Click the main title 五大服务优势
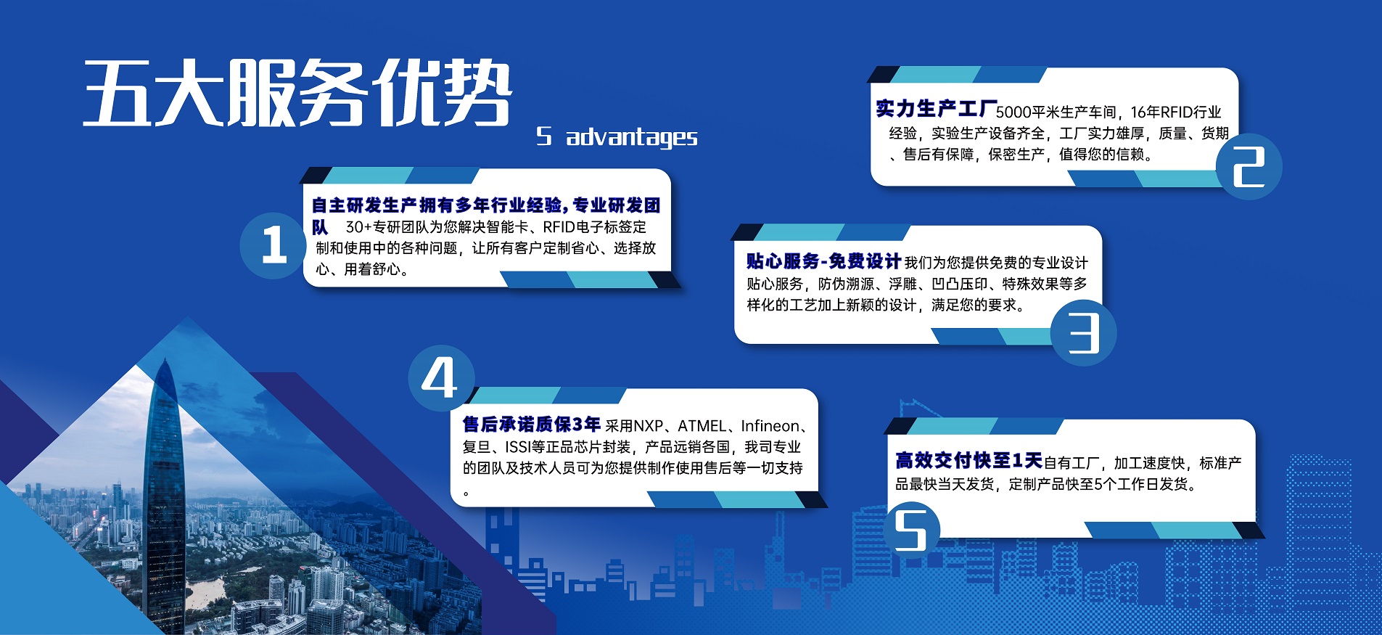(x=297, y=93)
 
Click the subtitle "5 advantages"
(x=617, y=137)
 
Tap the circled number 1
(x=273, y=245)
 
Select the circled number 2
(x=1249, y=167)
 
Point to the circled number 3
(x=1084, y=332)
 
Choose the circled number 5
(x=911, y=530)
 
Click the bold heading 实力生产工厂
(x=936, y=109)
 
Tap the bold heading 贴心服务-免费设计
(x=823, y=261)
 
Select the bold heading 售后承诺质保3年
(x=532, y=424)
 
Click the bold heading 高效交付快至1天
(x=968, y=460)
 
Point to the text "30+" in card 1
(x=358, y=227)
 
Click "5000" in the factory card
(x=1013, y=112)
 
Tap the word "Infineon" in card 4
(x=770, y=426)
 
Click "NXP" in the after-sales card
(x=649, y=426)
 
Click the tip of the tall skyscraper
(x=165, y=358)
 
